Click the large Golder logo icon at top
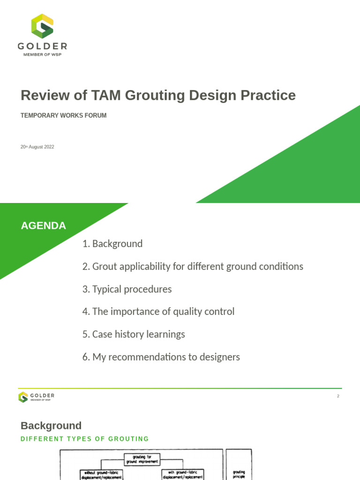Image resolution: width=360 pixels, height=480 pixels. point(42,26)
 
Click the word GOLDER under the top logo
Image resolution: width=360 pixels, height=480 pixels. point(42,46)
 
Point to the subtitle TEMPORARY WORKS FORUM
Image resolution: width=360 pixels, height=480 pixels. point(63,115)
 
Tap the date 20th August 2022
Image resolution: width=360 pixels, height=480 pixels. point(37,147)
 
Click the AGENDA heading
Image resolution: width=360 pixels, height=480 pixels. point(43,225)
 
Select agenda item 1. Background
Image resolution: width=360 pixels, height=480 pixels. point(112,244)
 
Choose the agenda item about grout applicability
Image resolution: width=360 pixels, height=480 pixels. point(193,266)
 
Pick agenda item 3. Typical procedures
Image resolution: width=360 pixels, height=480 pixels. point(127,289)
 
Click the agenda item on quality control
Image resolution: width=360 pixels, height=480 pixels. point(158,312)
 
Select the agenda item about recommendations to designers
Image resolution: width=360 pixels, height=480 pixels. point(161,357)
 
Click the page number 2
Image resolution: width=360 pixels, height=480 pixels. point(338,396)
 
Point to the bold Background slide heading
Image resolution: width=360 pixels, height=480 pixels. point(51,426)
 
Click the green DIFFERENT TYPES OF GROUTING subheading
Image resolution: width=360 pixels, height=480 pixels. point(85,439)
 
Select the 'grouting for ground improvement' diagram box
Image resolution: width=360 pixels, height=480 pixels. point(142,459)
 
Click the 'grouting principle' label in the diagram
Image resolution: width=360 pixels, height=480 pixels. point(239,474)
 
